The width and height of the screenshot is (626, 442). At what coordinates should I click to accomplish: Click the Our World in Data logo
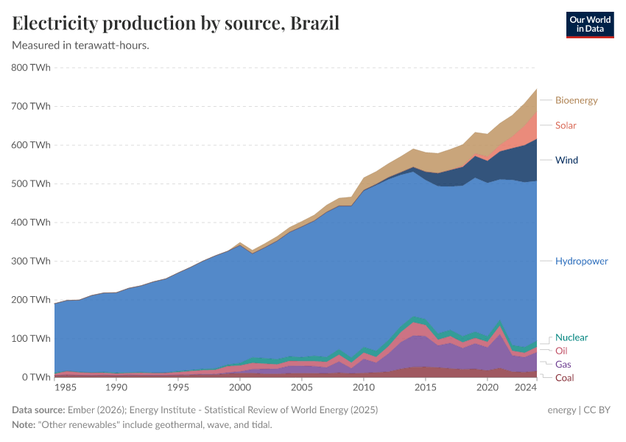(589, 24)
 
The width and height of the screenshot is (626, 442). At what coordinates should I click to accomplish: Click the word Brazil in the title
(314, 23)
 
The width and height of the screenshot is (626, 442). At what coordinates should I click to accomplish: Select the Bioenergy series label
(576, 100)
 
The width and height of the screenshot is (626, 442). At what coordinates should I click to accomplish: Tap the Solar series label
(566, 125)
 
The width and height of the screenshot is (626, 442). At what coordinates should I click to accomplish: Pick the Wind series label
(566, 160)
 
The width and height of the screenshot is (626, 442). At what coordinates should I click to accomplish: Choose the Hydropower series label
(581, 262)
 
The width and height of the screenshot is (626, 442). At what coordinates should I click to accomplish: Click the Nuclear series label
(572, 337)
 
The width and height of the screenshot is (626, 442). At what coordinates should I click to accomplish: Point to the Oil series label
(561, 351)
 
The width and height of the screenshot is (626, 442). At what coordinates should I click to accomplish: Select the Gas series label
(563, 365)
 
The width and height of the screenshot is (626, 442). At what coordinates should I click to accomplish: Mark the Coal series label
(564, 378)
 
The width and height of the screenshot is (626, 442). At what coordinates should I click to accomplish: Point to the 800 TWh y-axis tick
(31, 68)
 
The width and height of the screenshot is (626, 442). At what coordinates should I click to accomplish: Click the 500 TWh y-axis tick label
(31, 183)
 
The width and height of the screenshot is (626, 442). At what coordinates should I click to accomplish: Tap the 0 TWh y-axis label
(35, 377)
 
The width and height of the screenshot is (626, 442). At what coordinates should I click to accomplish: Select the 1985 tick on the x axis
(66, 387)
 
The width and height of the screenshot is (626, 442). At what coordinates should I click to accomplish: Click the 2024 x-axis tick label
(525, 387)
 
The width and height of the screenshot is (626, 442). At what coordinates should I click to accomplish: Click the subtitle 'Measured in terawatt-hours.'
(81, 46)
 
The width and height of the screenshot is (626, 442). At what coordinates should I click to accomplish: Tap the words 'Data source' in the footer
(38, 410)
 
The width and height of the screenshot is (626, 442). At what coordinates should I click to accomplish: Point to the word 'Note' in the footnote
(24, 424)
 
